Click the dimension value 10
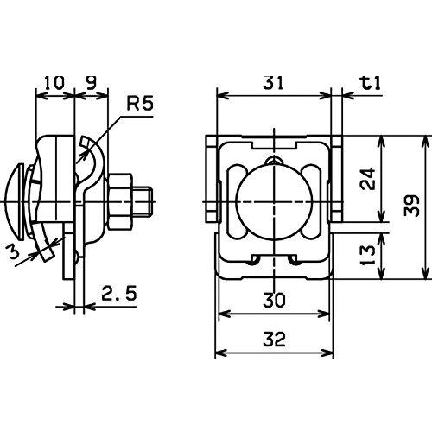pos(54,83)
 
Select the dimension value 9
pos(91,83)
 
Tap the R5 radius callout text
pos(140,104)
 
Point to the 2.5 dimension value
pos(119,293)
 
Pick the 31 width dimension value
pos(273,83)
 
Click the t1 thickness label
pos(371,83)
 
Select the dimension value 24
pos(368,178)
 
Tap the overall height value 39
pos(411,206)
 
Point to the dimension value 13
pos(368,255)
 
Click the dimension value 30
pos(274,300)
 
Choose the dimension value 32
pos(274,340)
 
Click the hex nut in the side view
pos(120,201)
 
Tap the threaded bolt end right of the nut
pos(143,201)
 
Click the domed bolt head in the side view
pos(15,201)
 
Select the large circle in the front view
pos(274,201)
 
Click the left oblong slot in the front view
pos(238,201)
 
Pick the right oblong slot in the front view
pos(311,201)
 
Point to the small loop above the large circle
pos(274,160)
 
